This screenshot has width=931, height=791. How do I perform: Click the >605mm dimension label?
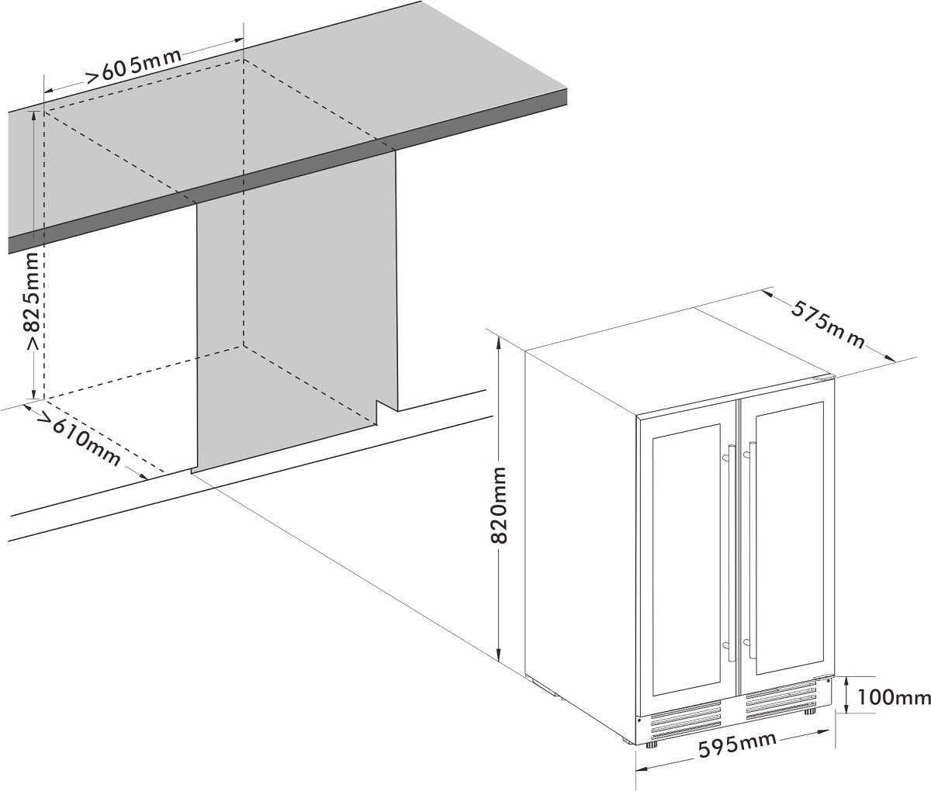133,67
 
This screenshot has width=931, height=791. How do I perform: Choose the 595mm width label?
738,747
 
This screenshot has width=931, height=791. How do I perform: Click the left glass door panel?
687,561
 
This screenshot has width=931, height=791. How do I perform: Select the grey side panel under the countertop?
295,326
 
